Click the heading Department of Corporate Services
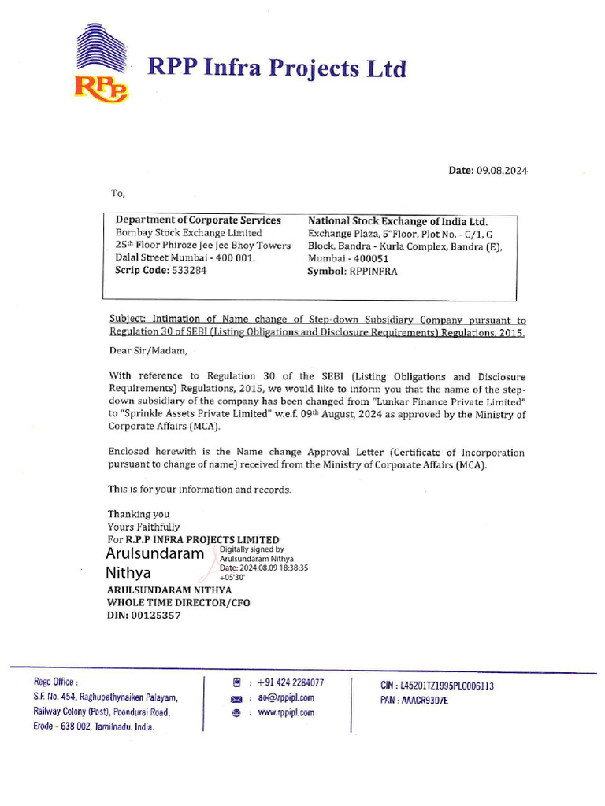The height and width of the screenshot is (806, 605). click(x=198, y=220)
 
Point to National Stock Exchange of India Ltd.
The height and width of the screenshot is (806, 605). click(x=398, y=221)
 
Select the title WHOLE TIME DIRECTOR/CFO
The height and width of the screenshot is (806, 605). click(x=180, y=602)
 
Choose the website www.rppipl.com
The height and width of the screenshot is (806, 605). click(x=286, y=712)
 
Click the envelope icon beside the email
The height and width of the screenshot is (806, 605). click(x=236, y=698)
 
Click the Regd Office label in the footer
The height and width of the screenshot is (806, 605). click(x=55, y=682)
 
